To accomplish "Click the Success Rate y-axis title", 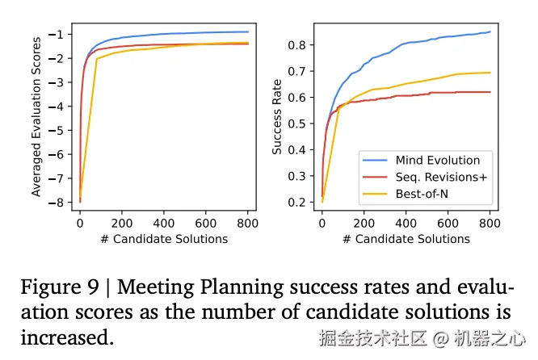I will pyautogui.click(x=277, y=115).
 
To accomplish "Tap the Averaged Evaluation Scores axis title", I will pyautogui.click(x=36, y=115).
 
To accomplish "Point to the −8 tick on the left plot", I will pyautogui.click(x=58, y=203).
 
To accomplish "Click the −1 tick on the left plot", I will pyautogui.click(x=58, y=34).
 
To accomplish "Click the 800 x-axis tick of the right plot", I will pyautogui.click(x=490, y=222).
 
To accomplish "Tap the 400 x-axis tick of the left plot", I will pyautogui.click(x=163, y=222).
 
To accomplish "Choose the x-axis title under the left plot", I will pyautogui.click(x=163, y=238).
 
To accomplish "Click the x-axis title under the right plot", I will pyautogui.click(x=406, y=238).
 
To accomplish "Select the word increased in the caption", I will pyautogui.click(x=66, y=337).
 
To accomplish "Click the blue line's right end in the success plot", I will pyautogui.click(x=490, y=32).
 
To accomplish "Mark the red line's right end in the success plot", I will pyautogui.click(x=490, y=92).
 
